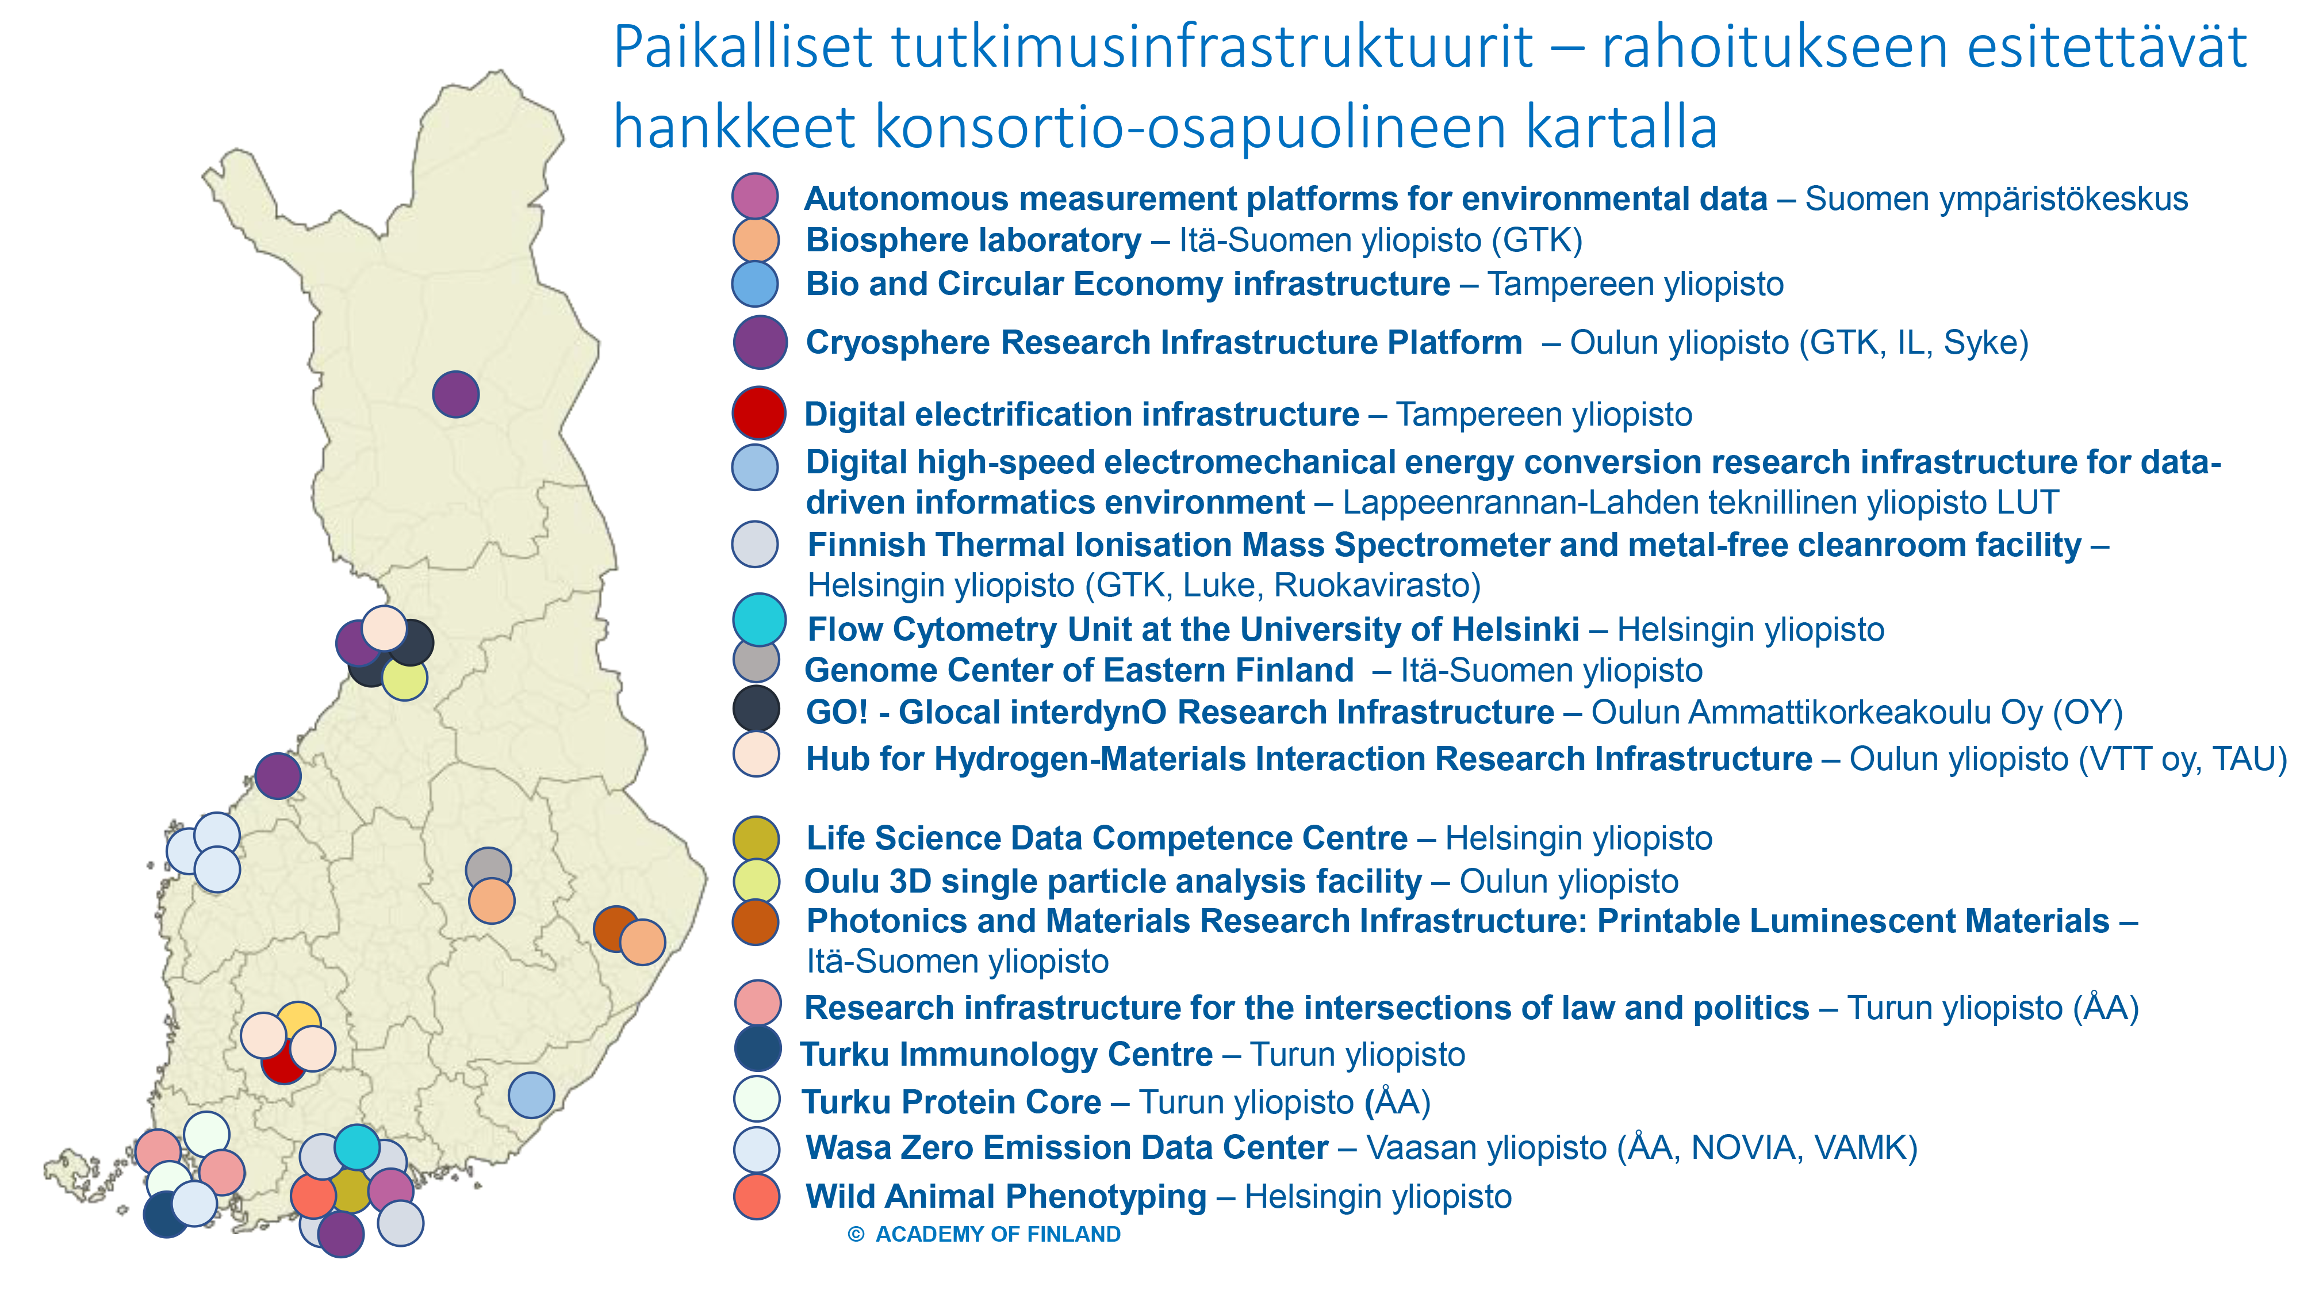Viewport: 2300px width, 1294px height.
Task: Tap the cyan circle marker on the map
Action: pyautogui.click(x=357, y=1147)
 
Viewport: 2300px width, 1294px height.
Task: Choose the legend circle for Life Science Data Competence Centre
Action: pyautogui.click(x=756, y=838)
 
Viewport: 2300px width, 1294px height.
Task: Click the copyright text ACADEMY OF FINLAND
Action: pyautogui.click(x=997, y=1234)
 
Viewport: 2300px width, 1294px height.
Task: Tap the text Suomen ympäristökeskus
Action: pyautogui.click(x=1996, y=199)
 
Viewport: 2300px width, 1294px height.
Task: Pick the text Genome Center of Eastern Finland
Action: pyautogui.click(x=1079, y=670)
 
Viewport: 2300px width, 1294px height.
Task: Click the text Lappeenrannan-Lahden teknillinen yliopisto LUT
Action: pyautogui.click(x=1701, y=503)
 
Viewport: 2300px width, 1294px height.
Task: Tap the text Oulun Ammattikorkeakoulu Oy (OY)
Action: pyautogui.click(x=1857, y=713)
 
